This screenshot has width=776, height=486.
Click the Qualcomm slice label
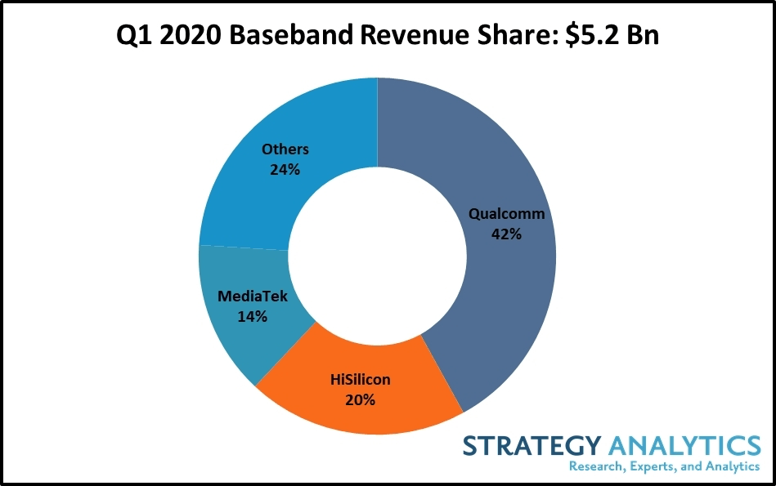pyautogui.click(x=506, y=214)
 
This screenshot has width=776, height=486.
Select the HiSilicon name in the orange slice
pyautogui.click(x=361, y=380)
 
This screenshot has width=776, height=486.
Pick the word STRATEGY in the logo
pyautogui.click(x=530, y=445)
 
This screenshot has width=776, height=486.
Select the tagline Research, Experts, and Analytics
pyautogui.click(x=664, y=466)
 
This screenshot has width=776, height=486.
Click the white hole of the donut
pyautogui.click(x=377, y=258)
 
